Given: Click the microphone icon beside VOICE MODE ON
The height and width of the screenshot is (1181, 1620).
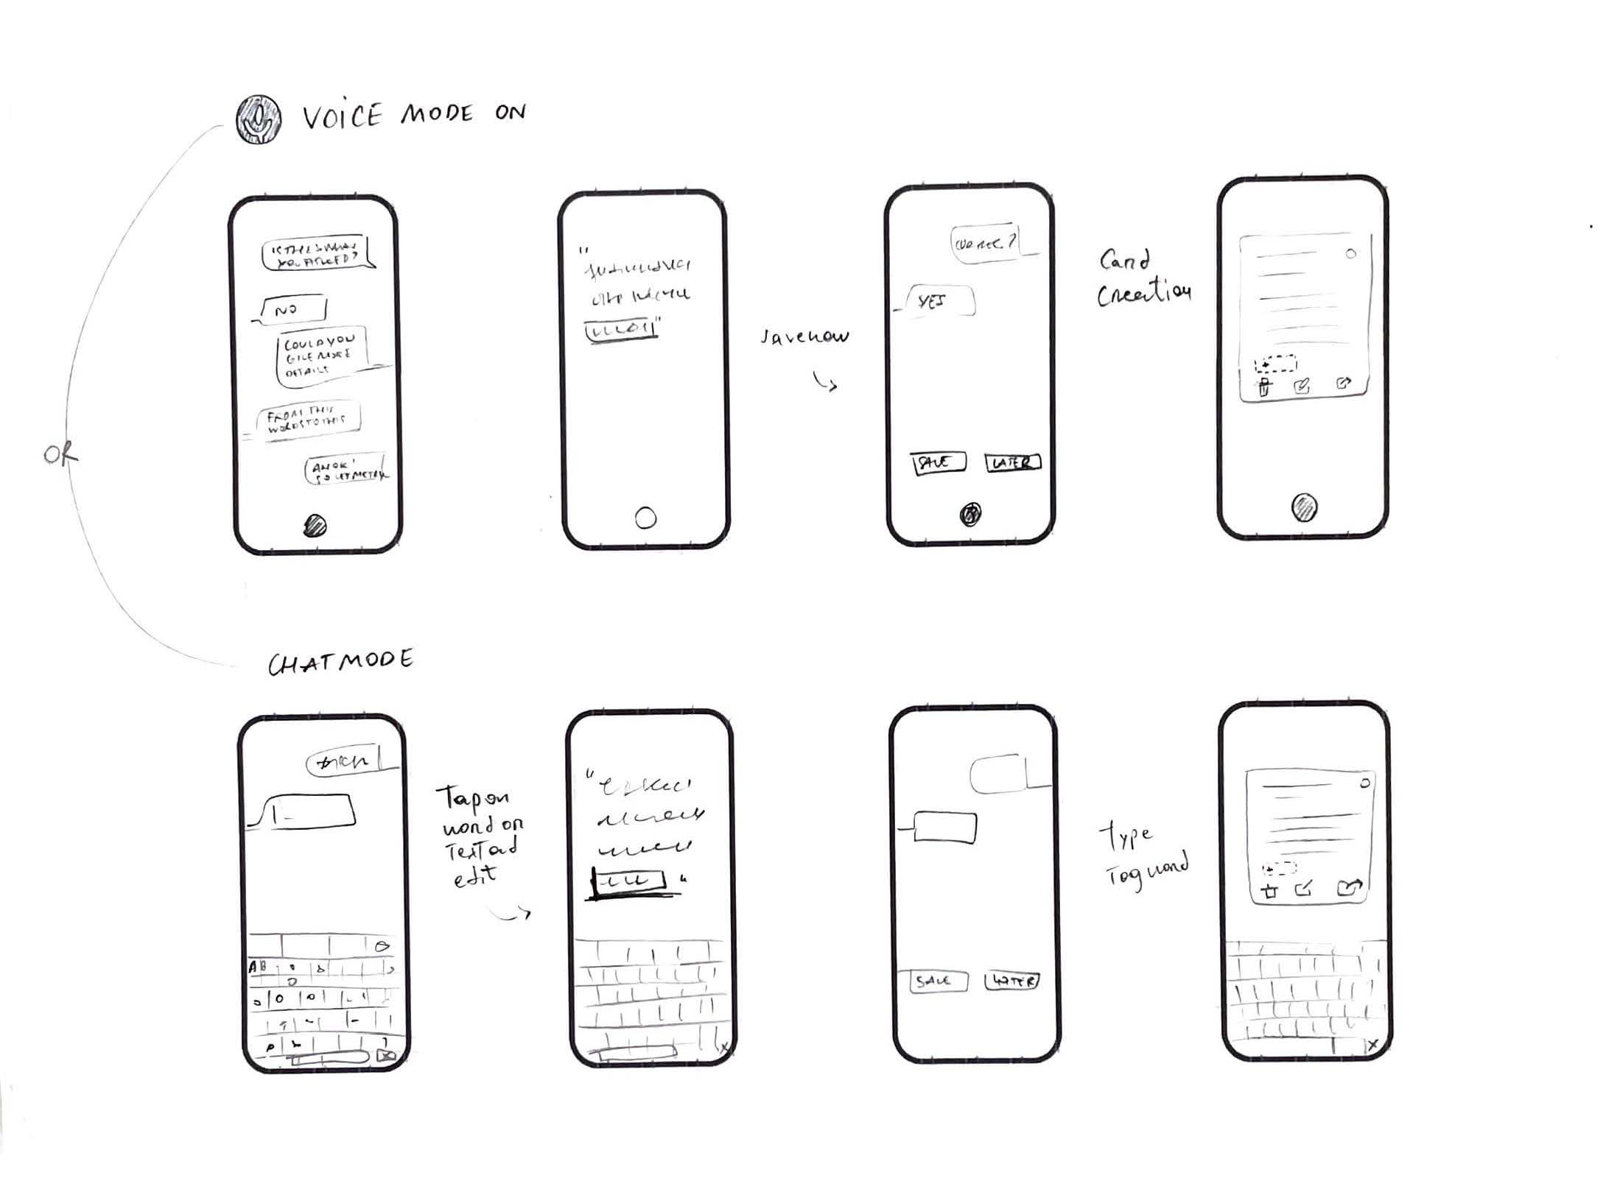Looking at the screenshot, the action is click(x=258, y=119).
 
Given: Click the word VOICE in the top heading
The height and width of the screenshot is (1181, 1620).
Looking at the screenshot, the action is click(x=343, y=116).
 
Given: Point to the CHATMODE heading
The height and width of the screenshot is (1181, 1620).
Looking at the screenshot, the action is click(x=340, y=662).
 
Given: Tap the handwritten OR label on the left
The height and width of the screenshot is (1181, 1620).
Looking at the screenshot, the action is click(x=60, y=455).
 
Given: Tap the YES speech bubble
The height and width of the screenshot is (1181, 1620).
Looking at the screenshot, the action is click(x=938, y=301).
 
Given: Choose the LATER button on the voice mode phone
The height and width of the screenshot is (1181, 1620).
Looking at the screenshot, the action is click(x=1013, y=462).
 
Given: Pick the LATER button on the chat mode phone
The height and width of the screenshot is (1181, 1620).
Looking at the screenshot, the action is click(x=1013, y=981).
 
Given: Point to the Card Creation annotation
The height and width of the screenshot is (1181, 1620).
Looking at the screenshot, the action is click(x=1142, y=278).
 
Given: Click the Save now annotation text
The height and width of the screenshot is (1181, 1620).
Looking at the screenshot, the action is click(x=804, y=337).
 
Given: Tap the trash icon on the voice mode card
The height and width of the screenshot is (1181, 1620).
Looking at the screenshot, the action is click(x=1264, y=387).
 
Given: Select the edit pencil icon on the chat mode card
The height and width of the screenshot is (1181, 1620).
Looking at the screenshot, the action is click(x=1304, y=889).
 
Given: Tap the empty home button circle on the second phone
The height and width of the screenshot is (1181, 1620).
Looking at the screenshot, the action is click(x=645, y=518).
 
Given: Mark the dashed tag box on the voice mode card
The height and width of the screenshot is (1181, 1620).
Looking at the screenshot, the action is click(x=1276, y=364).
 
